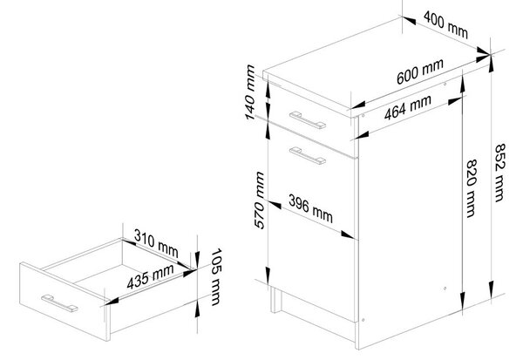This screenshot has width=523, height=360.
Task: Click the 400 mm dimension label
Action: pos(445,24)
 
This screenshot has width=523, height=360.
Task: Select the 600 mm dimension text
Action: pos(420,71)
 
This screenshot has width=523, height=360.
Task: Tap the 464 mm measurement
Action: pos(408,107)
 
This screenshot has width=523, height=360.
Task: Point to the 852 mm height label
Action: pos(499,173)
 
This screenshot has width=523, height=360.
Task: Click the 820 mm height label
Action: pos(472,188)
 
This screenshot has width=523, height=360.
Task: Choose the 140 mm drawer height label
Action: pos(250,92)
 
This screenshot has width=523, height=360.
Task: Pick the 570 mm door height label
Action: pos(260,200)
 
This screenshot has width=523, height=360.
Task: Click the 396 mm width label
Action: pos(310,209)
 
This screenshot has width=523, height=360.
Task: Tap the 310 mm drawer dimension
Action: pos(156,243)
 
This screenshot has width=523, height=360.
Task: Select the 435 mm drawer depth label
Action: pos(151,276)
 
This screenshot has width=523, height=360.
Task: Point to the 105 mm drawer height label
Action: pos(216,277)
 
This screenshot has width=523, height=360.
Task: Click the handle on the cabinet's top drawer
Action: pos(308,119)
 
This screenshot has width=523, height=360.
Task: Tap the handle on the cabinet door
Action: pos(308,156)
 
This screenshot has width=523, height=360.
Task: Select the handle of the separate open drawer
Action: pos(59,303)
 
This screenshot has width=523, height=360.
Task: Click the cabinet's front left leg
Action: pos(275,300)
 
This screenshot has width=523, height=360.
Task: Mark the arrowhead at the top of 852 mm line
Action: pos(492,63)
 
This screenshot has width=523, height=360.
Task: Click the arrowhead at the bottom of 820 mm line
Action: pos(462,302)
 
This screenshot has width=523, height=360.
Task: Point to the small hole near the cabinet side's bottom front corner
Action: pos(363,320)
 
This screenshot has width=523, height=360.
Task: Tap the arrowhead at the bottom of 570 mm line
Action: pos(268,275)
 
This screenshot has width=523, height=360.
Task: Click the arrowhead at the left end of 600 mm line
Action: pos(357,105)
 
